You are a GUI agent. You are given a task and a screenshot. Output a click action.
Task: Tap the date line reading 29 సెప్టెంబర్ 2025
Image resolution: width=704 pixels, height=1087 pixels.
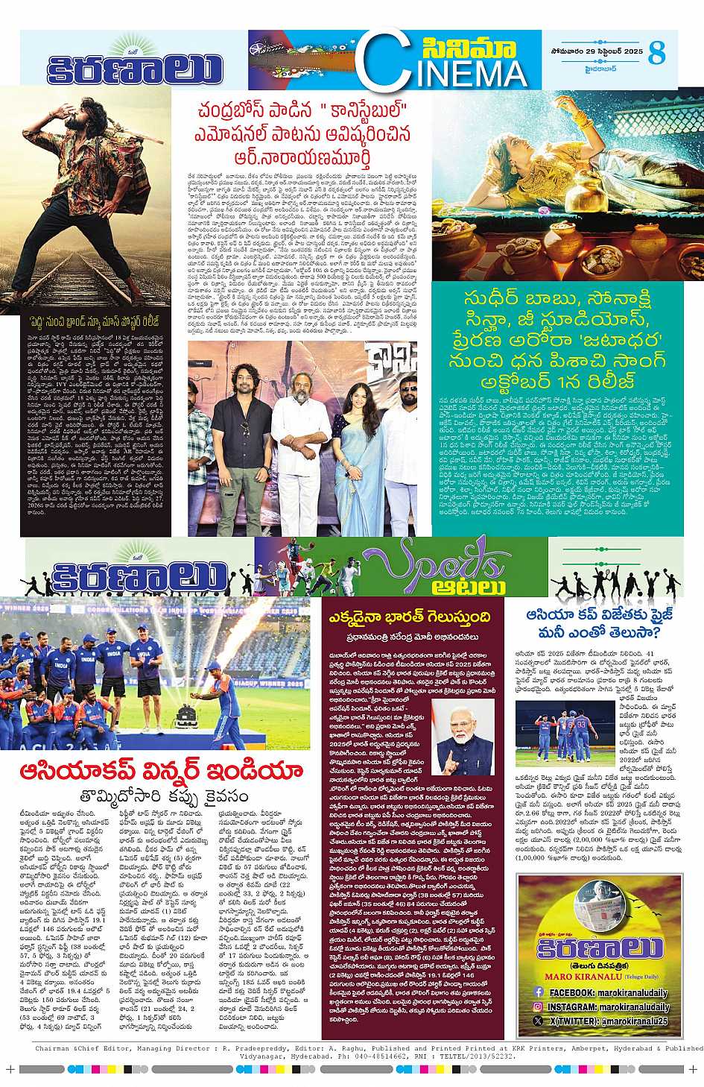[586, 50]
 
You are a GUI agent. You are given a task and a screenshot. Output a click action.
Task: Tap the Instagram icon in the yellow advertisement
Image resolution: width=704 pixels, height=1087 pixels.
[538, 1006]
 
